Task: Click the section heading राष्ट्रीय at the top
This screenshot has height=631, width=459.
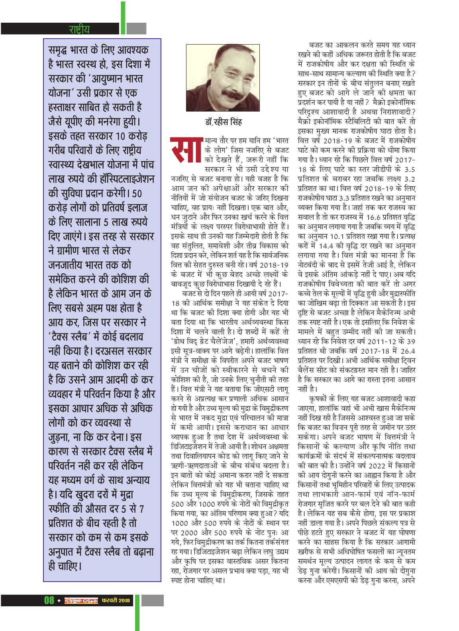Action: [79, 29]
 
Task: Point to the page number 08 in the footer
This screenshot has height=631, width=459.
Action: [49, 600]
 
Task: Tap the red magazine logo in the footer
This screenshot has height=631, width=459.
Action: [81, 601]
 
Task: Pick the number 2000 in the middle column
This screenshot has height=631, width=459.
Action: [189, 533]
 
